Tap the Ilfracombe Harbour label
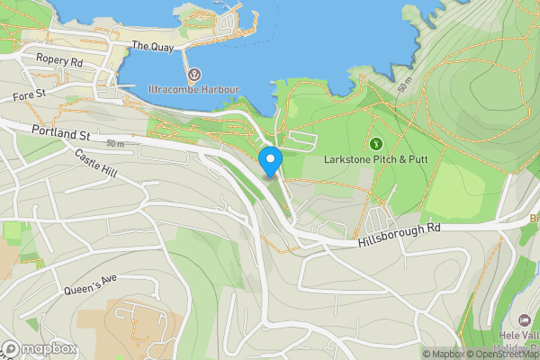(193, 90)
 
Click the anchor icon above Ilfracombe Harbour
(193, 74)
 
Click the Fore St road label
(29, 94)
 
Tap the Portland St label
(60, 134)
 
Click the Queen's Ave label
(91, 285)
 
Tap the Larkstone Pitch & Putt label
(376, 159)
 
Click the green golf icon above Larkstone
(375, 143)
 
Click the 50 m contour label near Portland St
(114, 145)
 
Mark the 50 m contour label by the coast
(404, 84)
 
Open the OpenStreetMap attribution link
(504, 354)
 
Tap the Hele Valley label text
(517, 337)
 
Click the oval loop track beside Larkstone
(302, 141)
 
